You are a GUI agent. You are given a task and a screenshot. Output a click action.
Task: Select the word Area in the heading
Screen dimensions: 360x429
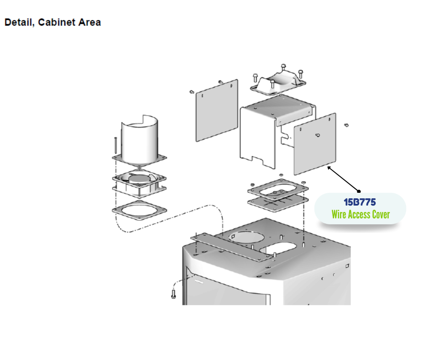coord(89,22)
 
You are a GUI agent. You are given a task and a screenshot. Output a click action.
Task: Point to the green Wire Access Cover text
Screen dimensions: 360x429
coord(361,214)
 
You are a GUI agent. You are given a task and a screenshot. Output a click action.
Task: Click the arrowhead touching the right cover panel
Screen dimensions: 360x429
coord(330,168)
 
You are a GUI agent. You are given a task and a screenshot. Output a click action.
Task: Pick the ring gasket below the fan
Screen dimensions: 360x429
coord(139,211)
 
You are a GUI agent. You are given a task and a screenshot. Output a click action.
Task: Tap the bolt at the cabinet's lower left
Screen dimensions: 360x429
coord(173,293)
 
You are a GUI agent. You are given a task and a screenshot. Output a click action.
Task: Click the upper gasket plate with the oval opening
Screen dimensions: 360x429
coord(277,188)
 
